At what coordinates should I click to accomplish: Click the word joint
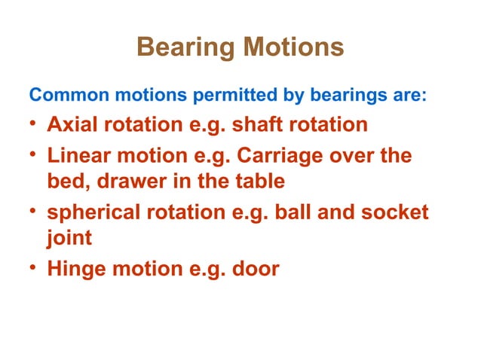click(x=69, y=238)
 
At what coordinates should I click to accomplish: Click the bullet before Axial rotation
click(x=33, y=124)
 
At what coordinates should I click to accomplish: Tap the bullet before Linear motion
click(x=33, y=157)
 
